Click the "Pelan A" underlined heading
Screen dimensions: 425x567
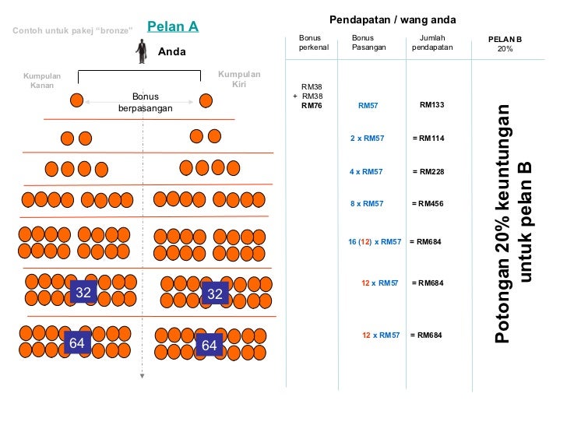[x=172, y=26]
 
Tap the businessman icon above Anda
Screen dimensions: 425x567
[x=141, y=51]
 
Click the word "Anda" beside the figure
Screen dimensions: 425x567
[x=172, y=52]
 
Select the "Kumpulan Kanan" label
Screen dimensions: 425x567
[x=42, y=80]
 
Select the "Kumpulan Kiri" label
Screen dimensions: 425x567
[x=239, y=79]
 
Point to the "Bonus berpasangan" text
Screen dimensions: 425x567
[x=145, y=103]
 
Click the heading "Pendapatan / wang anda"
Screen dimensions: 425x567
[x=393, y=19]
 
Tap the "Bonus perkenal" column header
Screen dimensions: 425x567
[x=314, y=42]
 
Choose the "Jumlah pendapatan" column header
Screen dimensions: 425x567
[x=431, y=42]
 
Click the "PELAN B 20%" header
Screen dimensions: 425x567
[x=505, y=44]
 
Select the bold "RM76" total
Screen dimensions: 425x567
[x=312, y=105]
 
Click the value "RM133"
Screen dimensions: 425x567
[x=431, y=104]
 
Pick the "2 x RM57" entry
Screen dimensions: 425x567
[x=367, y=139]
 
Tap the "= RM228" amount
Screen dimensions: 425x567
[x=428, y=172]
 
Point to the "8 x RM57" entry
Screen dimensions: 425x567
[x=367, y=204]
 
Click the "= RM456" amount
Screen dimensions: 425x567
[x=428, y=204]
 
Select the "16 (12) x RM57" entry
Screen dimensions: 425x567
[x=375, y=242]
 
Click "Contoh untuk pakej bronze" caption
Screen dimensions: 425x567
[x=73, y=30]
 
